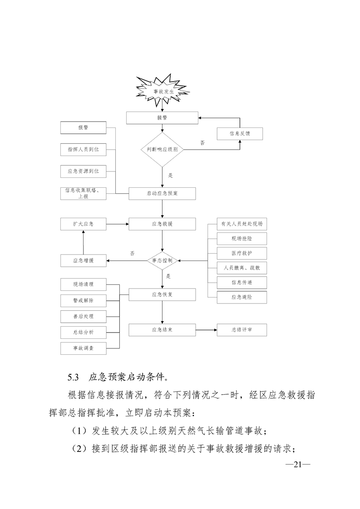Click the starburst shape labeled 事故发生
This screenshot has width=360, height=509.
tap(162, 91)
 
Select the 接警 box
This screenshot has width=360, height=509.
tap(162, 117)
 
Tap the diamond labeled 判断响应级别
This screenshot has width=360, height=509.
tap(162, 149)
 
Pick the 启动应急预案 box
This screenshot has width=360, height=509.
tap(162, 193)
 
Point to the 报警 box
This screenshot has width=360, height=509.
tap(83, 128)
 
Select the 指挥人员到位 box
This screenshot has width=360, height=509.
tap(83, 149)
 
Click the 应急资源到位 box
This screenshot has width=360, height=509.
tap(83, 171)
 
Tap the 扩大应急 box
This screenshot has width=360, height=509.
tap(83, 224)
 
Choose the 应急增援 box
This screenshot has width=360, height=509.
tap(83, 260)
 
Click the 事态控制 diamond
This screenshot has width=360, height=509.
tap(162, 260)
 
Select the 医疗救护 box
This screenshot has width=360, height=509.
tap(242, 253)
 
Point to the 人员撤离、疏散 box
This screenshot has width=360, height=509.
tap(242, 268)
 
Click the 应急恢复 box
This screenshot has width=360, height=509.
tap(162, 294)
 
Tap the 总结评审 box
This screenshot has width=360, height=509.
tap(242, 330)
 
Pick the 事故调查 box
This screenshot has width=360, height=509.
tap(83, 348)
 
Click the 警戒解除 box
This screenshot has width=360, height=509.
tap(83, 300)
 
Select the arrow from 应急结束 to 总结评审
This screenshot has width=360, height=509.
tap(207, 330)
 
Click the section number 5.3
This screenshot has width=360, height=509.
tap(73, 377)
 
